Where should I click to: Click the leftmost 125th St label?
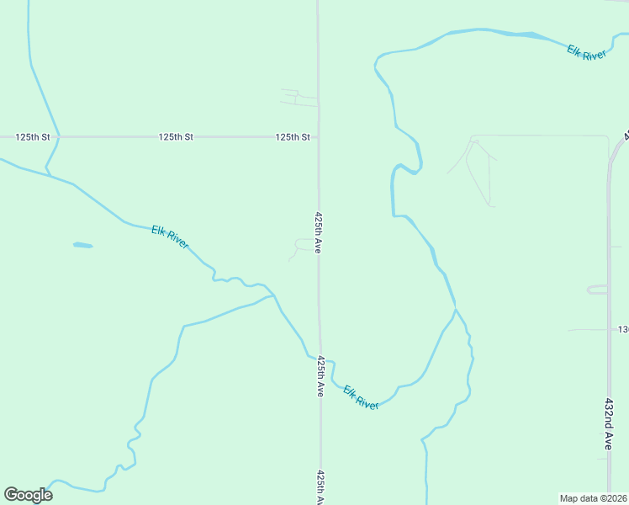(x=34, y=136)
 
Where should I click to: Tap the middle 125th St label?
(x=176, y=136)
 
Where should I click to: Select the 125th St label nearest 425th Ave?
(x=293, y=136)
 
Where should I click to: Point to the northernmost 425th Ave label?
(x=319, y=232)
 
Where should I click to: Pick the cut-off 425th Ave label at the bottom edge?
(x=320, y=486)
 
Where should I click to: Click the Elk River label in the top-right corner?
(x=586, y=53)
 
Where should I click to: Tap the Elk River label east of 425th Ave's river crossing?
(x=361, y=398)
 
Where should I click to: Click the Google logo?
(x=28, y=495)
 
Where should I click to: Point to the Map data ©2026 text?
(x=593, y=498)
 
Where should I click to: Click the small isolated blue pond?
(x=82, y=245)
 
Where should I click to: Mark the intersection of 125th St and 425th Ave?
(x=318, y=136)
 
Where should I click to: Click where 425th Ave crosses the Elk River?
(x=320, y=356)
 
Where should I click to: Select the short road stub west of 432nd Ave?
(x=597, y=290)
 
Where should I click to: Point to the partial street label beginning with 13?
(x=623, y=329)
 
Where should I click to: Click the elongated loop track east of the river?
(x=478, y=173)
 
